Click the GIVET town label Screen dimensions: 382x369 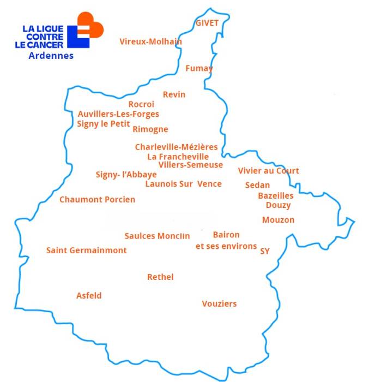pyautogui.click(x=207, y=23)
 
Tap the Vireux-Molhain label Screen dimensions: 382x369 pyautogui.click(x=150, y=41)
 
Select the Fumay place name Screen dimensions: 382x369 pyautogui.click(x=199, y=69)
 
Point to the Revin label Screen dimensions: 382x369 pyautogui.click(x=174, y=95)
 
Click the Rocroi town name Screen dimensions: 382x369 pyautogui.click(x=141, y=104)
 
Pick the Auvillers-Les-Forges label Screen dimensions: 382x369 pyautogui.click(x=118, y=114)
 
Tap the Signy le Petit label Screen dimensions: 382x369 pyautogui.click(x=104, y=124)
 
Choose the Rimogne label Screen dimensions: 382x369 pyautogui.click(x=150, y=129)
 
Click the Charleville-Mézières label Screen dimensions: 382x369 pyautogui.click(x=176, y=147)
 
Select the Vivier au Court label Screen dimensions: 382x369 pyautogui.click(x=268, y=171)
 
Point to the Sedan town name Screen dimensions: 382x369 pyautogui.click(x=257, y=185)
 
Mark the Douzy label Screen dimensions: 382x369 pyautogui.click(x=278, y=205)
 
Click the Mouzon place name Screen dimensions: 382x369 pyautogui.click(x=278, y=220)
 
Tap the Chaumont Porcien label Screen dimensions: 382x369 pyautogui.click(x=97, y=200)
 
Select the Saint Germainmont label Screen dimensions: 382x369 pyautogui.click(x=86, y=250)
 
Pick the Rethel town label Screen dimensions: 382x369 pyautogui.click(x=160, y=277)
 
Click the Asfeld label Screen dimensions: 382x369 pyautogui.click(x=89, y=296)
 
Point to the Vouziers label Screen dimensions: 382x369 pyautogui.click(x=219, y=304)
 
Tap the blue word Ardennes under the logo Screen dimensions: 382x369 pyautogui.click(x=51, y=56)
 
